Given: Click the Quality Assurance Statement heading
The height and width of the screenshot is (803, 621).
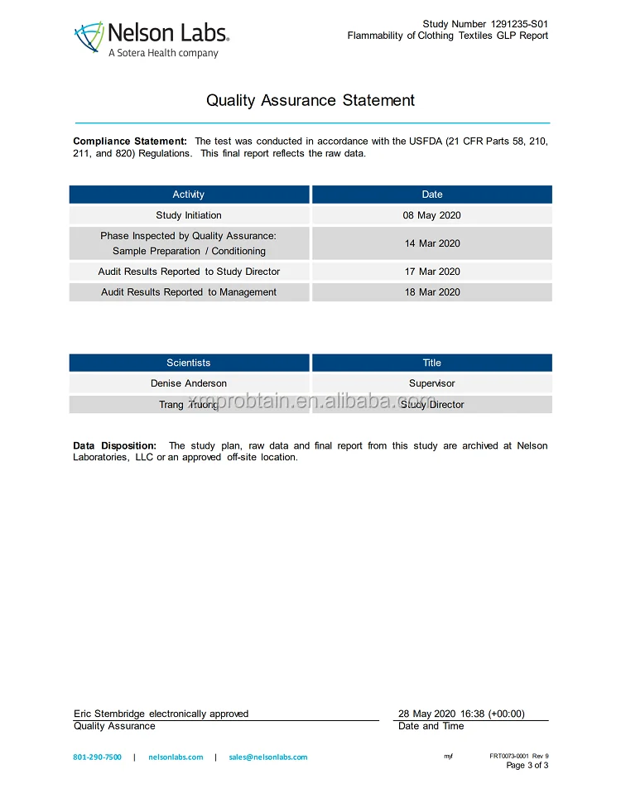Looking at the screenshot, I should click(310, 101).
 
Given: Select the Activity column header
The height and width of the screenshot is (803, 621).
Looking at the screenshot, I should click(189, 195).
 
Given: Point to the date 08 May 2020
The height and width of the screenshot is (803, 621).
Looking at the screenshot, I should click(432, 215).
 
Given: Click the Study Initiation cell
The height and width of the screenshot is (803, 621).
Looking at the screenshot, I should click(189, 215).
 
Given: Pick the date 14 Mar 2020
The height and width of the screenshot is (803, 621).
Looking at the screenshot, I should click(432, 243).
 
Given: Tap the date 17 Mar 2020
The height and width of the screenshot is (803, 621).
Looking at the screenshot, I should click(432, 272).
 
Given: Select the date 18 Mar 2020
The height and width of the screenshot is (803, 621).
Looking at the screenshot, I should click(432, 292).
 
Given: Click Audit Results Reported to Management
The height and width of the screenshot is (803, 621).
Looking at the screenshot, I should click(189, 292).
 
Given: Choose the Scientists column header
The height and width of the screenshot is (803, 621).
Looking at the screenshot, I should click(189, 363).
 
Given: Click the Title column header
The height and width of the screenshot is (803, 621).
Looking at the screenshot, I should click(432, 363).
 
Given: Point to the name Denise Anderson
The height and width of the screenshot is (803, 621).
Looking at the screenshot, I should click(189, 383).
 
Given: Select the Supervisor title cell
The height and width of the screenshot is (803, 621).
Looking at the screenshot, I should click(432, 383).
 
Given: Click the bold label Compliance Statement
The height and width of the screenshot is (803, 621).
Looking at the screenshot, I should click(130, 142).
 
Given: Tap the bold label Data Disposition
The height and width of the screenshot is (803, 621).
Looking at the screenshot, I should click(114, 446).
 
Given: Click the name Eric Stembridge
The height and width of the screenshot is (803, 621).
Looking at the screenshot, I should click(110, 714).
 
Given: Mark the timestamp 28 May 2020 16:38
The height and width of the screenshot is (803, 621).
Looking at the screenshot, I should click(461, 714).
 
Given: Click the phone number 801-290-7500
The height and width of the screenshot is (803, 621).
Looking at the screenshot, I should click(97, 757).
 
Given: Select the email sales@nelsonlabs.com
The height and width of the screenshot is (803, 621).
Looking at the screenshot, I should click(268, 757).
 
